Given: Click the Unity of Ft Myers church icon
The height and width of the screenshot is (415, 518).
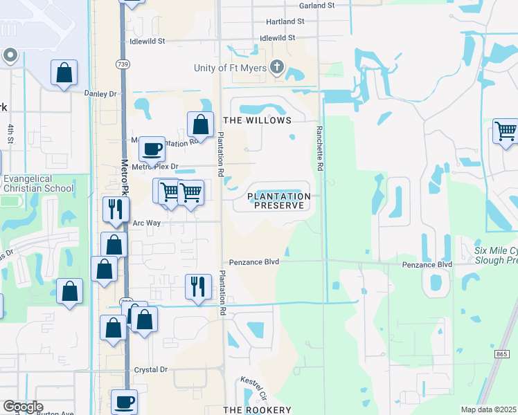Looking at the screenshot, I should coord(277,67).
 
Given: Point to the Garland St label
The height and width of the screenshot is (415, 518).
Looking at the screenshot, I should coord(316,5).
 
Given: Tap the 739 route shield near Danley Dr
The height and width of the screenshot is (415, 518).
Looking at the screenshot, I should coord(123,64).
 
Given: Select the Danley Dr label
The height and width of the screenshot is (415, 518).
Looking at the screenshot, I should coord(101,93).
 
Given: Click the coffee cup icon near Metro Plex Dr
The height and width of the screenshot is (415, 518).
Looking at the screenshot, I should coord(152,148).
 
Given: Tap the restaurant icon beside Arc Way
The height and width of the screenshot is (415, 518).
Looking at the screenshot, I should coord(114,208).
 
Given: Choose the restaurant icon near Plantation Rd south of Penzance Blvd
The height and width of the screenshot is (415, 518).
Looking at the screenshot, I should coord(198,286).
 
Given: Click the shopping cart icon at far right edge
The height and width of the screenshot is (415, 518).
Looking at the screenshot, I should coord(506,131).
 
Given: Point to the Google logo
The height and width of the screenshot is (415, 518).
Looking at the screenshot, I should coord(22,407).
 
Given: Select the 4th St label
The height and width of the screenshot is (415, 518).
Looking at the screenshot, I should coord(11,133).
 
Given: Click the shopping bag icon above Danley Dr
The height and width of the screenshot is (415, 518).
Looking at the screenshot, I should coord(64,73).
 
